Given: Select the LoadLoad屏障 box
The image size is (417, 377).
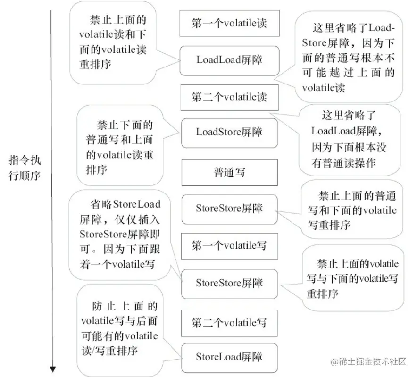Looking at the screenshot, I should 229,60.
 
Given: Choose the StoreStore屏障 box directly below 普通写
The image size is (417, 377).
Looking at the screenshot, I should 229,208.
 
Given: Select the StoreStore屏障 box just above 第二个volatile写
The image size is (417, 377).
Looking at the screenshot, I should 229,283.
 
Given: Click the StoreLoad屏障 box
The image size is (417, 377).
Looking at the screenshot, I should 229,357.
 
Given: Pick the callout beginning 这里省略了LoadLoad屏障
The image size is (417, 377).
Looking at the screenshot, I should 347,139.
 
